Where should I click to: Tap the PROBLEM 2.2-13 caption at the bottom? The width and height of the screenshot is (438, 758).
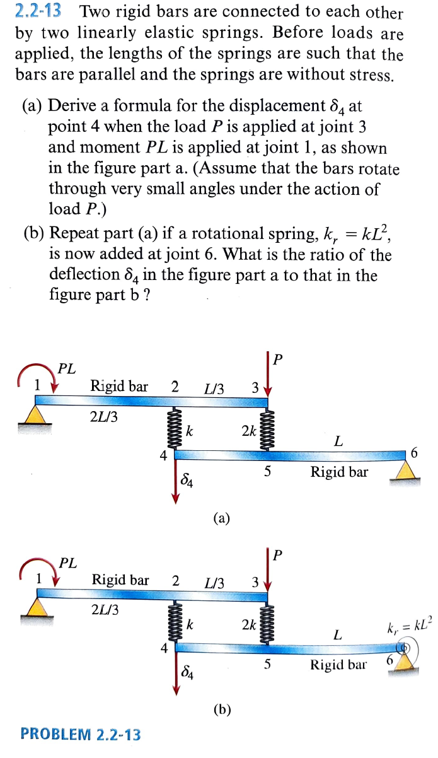coord(81,734)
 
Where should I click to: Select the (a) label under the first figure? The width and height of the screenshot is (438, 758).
coord(221,518)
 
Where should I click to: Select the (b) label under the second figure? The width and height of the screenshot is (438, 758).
coord(221,709)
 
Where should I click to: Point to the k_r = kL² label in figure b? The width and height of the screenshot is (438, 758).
coord(407,626)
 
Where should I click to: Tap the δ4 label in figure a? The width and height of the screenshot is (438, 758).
coord(187,482)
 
